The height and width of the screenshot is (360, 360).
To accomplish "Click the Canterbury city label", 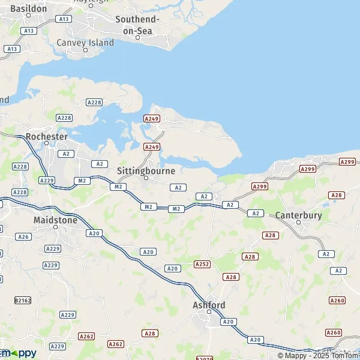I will (299, 215).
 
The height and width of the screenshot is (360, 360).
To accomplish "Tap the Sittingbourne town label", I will (146, 171).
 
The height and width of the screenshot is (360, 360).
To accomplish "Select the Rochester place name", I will (46, 137).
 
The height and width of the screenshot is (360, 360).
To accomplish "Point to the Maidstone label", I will (55, 220).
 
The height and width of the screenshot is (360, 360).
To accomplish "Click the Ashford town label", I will (209, 305).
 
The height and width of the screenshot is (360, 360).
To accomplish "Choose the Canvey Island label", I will (85, 43).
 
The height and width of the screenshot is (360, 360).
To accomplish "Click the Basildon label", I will (29, 9).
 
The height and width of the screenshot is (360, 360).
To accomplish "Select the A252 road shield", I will (202, 264).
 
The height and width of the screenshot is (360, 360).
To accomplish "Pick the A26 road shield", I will (23, 237).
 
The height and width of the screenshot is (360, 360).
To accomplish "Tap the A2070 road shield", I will (205, 358).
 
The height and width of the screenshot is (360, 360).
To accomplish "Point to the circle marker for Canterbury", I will (299, 223).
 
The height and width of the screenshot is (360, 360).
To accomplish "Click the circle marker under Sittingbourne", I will (146, 178).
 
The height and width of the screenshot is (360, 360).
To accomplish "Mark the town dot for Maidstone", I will (55, 227).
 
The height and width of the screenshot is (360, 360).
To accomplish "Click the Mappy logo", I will (18, 353).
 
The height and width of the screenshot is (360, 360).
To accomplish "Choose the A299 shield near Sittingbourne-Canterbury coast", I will (260, 187).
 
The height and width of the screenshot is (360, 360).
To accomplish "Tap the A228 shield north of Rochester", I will (94, 103).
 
